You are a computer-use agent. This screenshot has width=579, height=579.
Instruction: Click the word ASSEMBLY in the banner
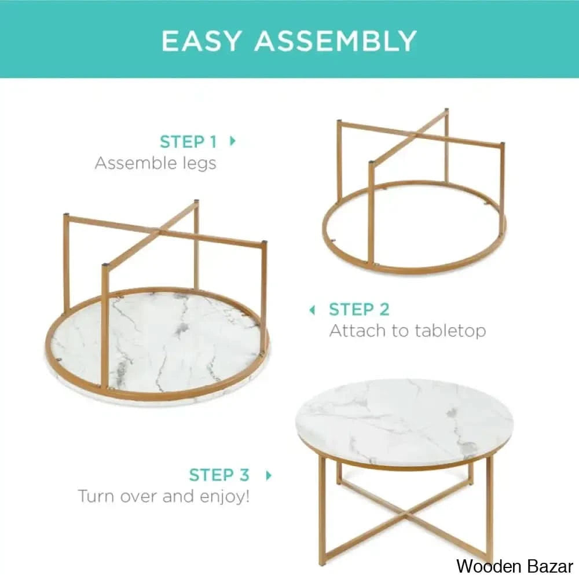point(336,41)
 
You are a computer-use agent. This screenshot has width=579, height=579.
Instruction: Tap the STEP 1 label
point(188,142)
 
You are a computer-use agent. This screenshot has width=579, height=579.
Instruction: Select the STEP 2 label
point(359,310)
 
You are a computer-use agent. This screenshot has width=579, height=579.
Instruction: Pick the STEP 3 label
point(219,475)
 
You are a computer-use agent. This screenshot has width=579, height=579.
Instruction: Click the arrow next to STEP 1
point(233,141)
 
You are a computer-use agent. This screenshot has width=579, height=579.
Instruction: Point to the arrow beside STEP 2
point(313,310)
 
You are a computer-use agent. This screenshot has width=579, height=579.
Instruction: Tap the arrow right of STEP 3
point(268,475)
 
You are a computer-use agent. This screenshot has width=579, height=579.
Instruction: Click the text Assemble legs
point(155,163)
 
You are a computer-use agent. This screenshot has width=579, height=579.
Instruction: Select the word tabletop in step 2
point(450,331)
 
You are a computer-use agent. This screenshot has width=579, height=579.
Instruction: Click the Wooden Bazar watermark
point(514,565)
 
